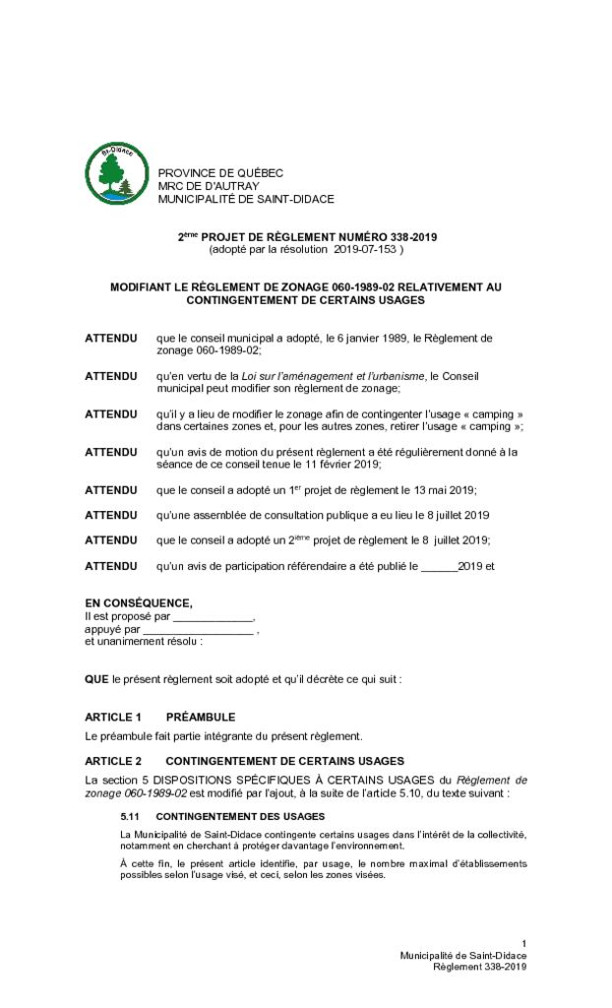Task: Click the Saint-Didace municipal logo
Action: pos(116,174)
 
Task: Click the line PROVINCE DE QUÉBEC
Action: pos(220,173)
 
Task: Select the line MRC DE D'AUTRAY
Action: pos(209,186)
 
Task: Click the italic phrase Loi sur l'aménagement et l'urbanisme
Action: pos(334,376)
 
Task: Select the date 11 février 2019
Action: pos(344,465)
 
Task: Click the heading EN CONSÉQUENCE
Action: pos(139,603)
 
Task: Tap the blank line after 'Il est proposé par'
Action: pos(214,617)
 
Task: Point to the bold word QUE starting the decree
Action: pos(96,679)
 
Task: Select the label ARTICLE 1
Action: pos(113,717)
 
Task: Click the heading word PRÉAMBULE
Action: pos(201,717)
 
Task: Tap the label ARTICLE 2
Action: pos(113,761)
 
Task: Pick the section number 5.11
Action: pos(131,817)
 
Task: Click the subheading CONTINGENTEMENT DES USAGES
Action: pos(240,817)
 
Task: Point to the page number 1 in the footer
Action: pos(523,943)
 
